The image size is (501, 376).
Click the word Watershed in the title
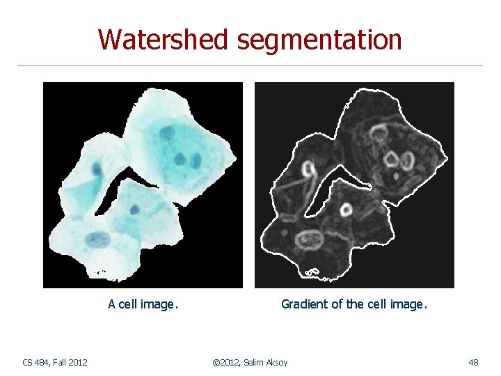(x=164, y=40)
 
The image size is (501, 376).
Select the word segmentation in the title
(x=319, y=40)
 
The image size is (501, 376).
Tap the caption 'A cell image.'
(x=143, y=304)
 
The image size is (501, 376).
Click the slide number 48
(x=473, y=362)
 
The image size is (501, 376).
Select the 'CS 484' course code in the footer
(x=35, y=362)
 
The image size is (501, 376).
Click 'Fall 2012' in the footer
(x=72, y=362)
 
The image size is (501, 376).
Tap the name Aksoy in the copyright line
(x=275, y=362)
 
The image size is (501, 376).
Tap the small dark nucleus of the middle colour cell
(x=134, y=208)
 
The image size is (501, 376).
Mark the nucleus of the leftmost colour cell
(x=97, y=169)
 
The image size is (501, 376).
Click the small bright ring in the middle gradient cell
(x=345, y=209)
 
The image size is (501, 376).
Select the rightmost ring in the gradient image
(x=405, y=162)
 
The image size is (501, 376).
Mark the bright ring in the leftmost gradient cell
(x=308, y=169)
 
